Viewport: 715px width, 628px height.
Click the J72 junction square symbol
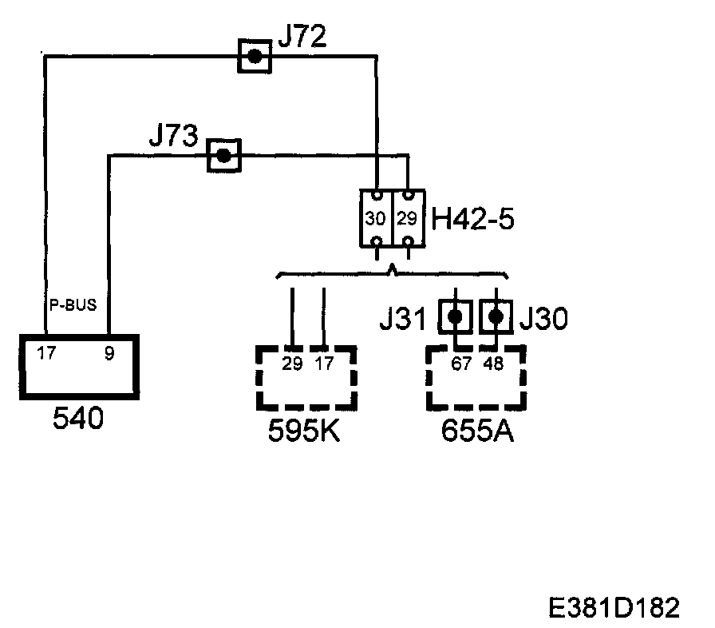click(255, 56)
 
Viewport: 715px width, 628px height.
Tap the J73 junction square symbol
click(223, 155)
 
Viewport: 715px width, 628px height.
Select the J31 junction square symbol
click(455, 317)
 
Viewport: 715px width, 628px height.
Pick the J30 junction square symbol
click(496, 317)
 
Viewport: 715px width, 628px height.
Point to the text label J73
click(173, 137)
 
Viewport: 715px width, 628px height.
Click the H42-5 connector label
click(472, 218)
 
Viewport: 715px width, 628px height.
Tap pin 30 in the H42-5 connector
click(375, 218)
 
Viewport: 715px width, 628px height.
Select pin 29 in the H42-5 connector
click(407, 218)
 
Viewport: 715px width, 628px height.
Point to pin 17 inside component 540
click(46, 353)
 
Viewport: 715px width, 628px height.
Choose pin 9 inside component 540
click(109, 353)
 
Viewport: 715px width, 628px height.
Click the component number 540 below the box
click(77, 420)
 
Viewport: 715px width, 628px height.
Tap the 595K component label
click(303, 432)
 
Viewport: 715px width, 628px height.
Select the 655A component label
click(477, 432)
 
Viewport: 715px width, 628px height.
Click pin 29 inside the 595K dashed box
click(292, 364)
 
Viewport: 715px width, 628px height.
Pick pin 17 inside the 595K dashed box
click(325, 364)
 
